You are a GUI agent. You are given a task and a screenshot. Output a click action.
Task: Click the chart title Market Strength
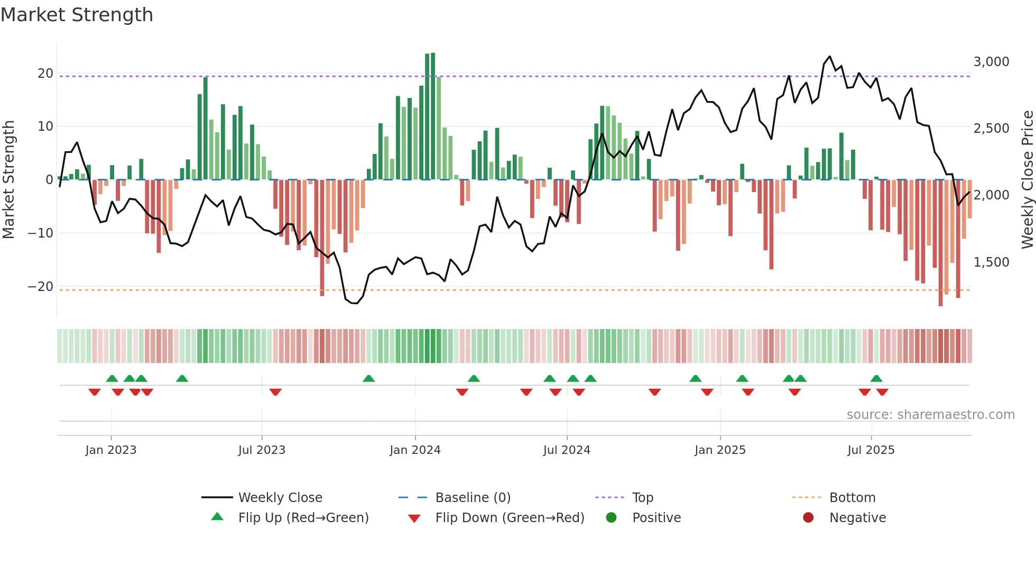(77, 15)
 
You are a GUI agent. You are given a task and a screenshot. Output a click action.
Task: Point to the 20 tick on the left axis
(45, 74)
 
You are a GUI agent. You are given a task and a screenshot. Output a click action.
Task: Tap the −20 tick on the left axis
(41, 287)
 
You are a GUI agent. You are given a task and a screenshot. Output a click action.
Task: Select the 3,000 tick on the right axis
(991, 62)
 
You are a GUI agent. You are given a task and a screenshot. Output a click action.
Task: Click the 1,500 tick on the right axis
(991, 262)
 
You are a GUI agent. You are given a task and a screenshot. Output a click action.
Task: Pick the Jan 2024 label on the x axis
(415, 450)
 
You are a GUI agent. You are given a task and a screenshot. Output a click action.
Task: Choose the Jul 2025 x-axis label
(871, 450)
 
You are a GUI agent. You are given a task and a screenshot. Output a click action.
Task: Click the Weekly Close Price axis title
(1027, 180)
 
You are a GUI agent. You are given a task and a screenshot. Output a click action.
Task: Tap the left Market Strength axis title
(8, 180)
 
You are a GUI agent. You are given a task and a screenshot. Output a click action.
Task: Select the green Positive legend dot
(612, 518)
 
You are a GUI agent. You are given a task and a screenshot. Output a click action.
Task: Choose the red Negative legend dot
(808, 518)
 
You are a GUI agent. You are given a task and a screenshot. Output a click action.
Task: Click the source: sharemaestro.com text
(930, 415)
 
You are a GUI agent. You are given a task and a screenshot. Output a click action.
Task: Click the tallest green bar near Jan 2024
(433, 116)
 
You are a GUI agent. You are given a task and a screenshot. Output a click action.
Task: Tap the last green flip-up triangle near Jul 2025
(876, 379)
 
